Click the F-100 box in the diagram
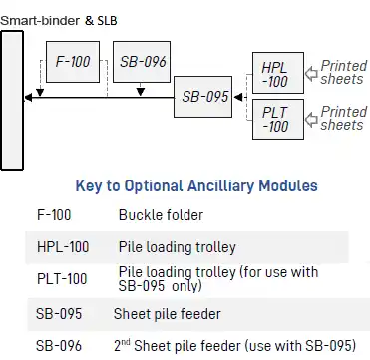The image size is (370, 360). [72, 62]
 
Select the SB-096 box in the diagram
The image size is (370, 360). [140, 62]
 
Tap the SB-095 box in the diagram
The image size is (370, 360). [203, 97]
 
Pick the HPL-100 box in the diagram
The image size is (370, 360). [275, 71]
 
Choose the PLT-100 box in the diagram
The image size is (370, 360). [275, 119]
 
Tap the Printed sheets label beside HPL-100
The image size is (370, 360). [342, 72]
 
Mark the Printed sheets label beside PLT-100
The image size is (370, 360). [342, 119]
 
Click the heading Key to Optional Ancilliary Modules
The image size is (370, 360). [196, 185]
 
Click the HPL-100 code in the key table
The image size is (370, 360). [62, 245]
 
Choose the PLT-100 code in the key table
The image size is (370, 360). [61, 279]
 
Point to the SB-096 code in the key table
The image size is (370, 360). [59, 346]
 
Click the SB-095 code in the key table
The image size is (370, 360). [59, 313]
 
